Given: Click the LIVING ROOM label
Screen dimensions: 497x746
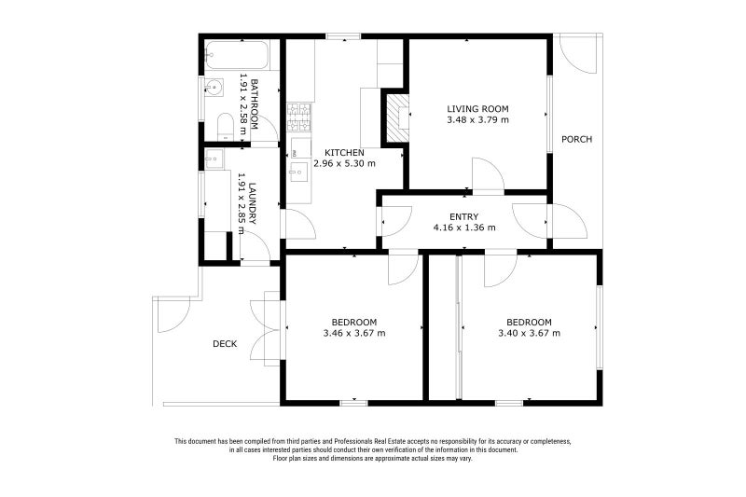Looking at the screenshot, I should [x=477, y=108].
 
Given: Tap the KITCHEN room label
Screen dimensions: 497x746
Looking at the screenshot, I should [x=344, y=152].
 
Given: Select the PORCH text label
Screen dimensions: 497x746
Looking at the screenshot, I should [x=576, y=140].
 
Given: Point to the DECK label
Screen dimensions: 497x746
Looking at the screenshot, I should [x=225, y=344].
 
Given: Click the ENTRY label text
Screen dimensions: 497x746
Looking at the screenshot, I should [x=463, y=216].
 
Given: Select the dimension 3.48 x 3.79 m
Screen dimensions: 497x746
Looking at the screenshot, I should [x=477, y=119].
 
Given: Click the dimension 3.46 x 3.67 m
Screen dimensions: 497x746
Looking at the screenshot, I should [x=354, y=333].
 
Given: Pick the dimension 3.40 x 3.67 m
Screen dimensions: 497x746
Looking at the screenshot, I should [x=529, y=333].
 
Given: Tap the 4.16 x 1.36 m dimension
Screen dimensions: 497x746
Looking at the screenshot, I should [x=463, y=228].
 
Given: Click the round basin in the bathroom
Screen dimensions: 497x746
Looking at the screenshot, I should [x=214, y=90].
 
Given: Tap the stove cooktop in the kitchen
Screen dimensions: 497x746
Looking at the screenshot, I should [x=299, y=117].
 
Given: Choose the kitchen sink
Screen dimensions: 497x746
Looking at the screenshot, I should [x=298, y=171].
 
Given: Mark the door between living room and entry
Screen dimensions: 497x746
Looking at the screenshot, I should [x=488, y=177].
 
